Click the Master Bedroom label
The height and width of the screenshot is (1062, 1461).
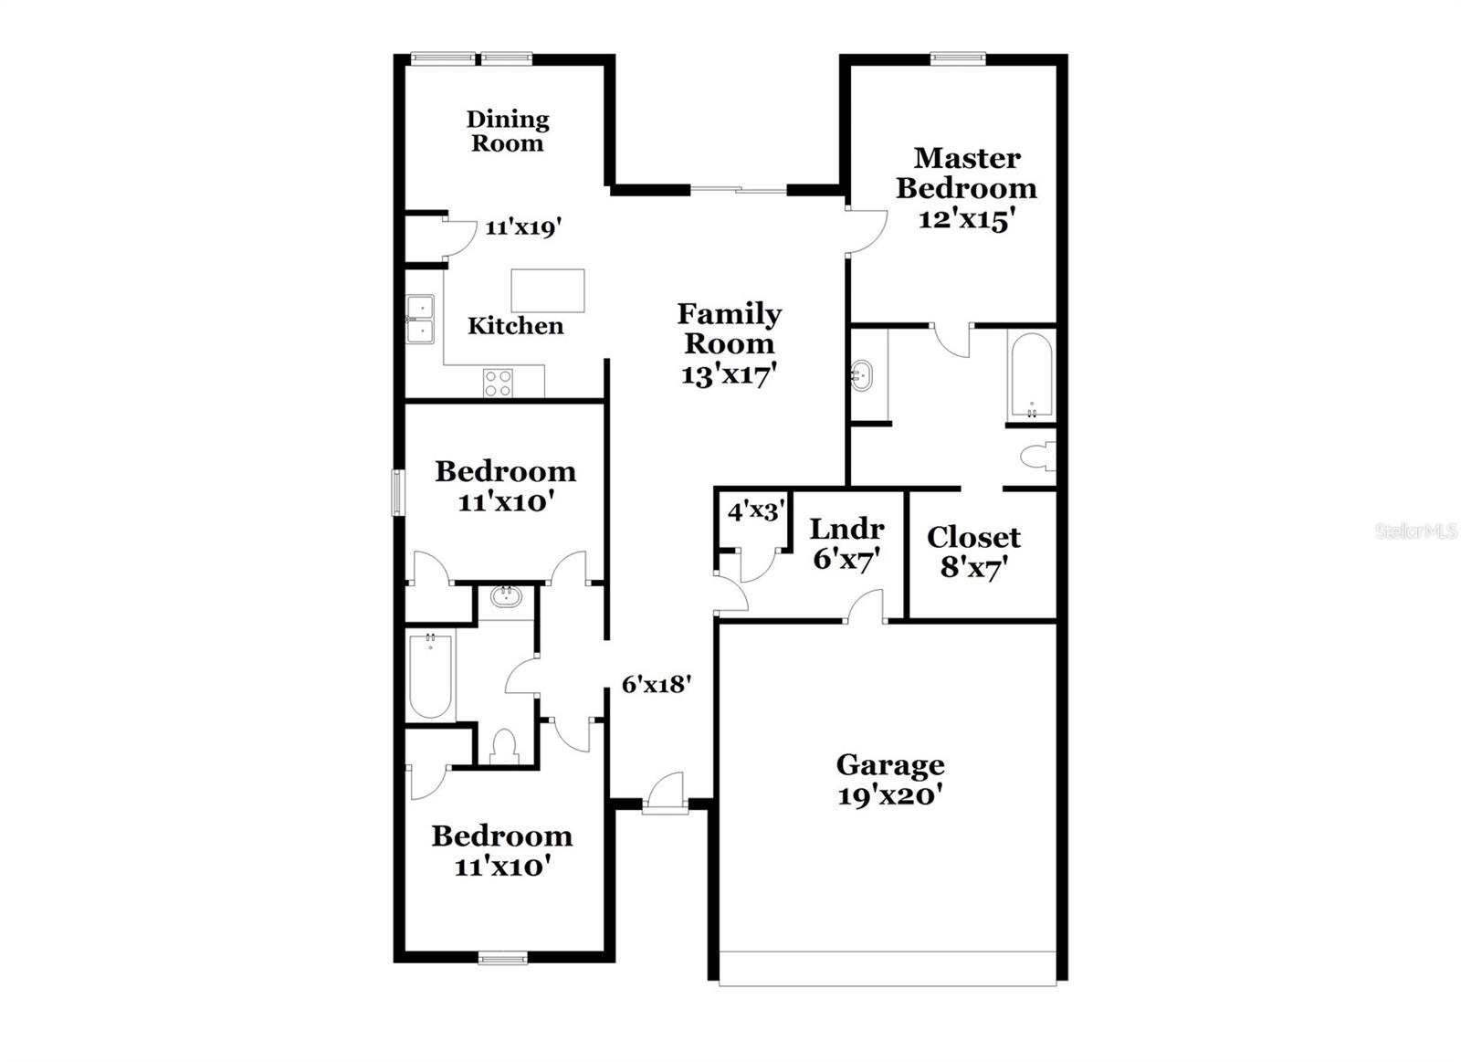point(966,173)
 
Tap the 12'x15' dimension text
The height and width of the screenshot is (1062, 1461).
point(966,219)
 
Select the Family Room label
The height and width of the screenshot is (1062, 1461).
point(729,329)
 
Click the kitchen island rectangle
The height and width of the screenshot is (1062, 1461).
point(547,290)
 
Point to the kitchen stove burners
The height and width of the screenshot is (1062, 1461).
point(499,383)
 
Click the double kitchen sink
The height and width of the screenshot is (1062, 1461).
point(421,319)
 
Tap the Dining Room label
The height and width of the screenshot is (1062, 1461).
point(508,131)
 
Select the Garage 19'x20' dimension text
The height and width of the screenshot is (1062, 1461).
point(889,795)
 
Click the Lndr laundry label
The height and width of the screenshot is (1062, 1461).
point(846,529)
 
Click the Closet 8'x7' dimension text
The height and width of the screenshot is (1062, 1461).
point(973,567)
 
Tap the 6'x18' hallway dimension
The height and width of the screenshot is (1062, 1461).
point(656,684)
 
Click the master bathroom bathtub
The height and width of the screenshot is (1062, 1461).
point(1032,375)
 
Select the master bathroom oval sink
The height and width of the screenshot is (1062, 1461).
point(861,374)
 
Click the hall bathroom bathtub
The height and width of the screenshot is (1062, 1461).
point(430,676)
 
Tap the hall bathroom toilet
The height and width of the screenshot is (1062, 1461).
point(504,746)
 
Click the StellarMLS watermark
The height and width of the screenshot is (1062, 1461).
point(1415,531)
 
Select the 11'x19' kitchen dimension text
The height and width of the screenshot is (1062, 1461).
point(522,227)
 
